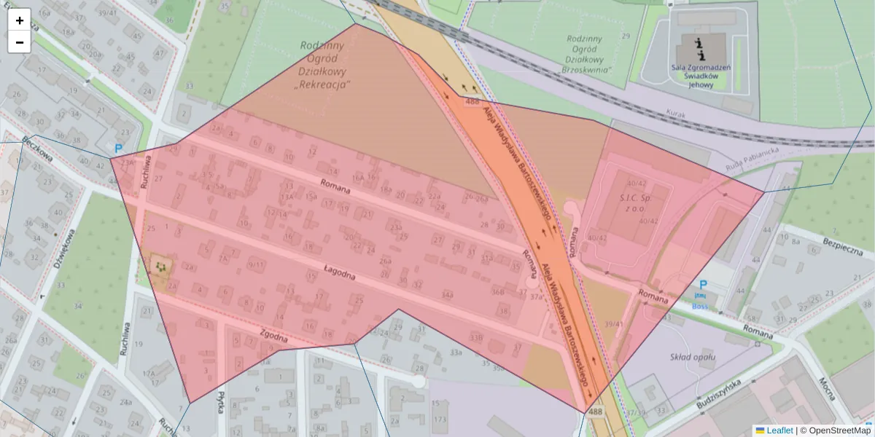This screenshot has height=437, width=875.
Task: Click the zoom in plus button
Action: pyautogui.click(x=19, y=20)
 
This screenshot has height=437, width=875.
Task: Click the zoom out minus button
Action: pyautogui.click(x=19, y=42)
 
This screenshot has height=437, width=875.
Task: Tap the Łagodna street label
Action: pyautogui.click(x=339, y=274)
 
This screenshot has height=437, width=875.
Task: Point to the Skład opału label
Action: pyautogui.click(x=692, y=357)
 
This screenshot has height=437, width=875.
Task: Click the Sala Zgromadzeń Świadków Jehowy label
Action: pyautogui.click(x=701, y=76)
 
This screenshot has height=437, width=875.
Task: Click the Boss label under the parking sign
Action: pyautogui.click(x=700, y=307)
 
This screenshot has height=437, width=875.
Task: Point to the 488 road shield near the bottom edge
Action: pyautogui.click(x=596, y=412)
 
